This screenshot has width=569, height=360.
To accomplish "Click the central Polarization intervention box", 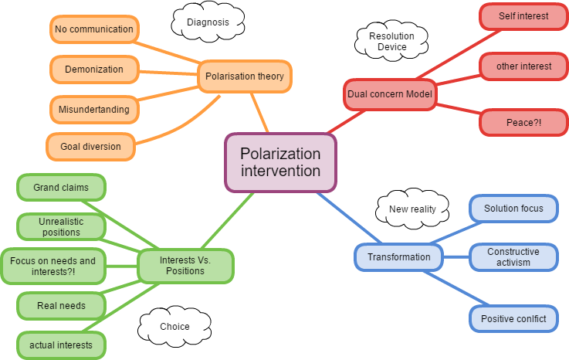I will point(280,162).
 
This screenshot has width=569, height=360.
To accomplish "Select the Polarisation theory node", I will point(245,76).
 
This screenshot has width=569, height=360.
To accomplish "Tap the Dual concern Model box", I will point(389,94).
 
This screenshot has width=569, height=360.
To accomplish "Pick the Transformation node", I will point(399,256).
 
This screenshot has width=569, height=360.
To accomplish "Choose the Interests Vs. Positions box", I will point(185,265).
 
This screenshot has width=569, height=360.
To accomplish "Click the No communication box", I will point(94,29).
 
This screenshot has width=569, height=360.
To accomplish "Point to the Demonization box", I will point(94,70).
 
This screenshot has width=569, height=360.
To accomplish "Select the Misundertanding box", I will point(94,109).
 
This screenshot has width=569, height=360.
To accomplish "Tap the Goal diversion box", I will point(91,146).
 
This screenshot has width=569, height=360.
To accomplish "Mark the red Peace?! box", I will point(518,122).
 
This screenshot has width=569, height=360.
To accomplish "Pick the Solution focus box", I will point(513,209).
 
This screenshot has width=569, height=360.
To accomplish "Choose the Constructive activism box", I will point(513,257).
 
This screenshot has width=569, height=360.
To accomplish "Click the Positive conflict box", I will point(513,318).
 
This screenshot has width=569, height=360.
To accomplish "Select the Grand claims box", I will point(61,188).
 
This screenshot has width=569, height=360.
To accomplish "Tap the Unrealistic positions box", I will point(61,226).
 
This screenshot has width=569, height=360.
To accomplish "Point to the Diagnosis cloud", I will point(208,22).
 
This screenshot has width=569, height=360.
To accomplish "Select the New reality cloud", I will point(412,209).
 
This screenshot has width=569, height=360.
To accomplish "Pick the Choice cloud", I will point(174,327).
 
